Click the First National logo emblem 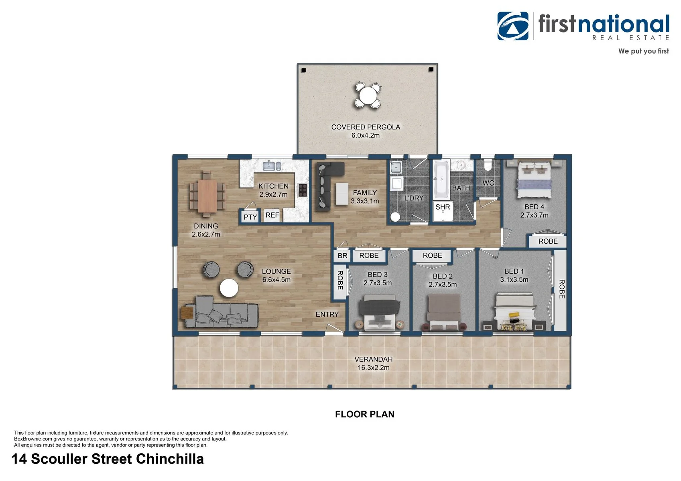[x=513, y=26]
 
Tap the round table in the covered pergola [x=368, y=95]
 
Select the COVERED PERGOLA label [x=366, y=127]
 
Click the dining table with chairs [x=207, y=194]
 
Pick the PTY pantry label [x=250, y=217]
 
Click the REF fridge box [x=272, y=215]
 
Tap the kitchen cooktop [x=303, y=190]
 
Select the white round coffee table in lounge [x=229, y=288]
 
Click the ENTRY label [x=327, y=314]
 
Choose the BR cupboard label [x=342, y=256]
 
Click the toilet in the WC [x=487, y=165]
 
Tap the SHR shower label [x=443, y=207]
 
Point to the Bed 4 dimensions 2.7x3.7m [x=534, y=215]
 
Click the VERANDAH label [x=373, y=359]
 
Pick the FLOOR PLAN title [x=364, y=414]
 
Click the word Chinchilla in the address [x=170, y=459]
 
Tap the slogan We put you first [x=644, y=51]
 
